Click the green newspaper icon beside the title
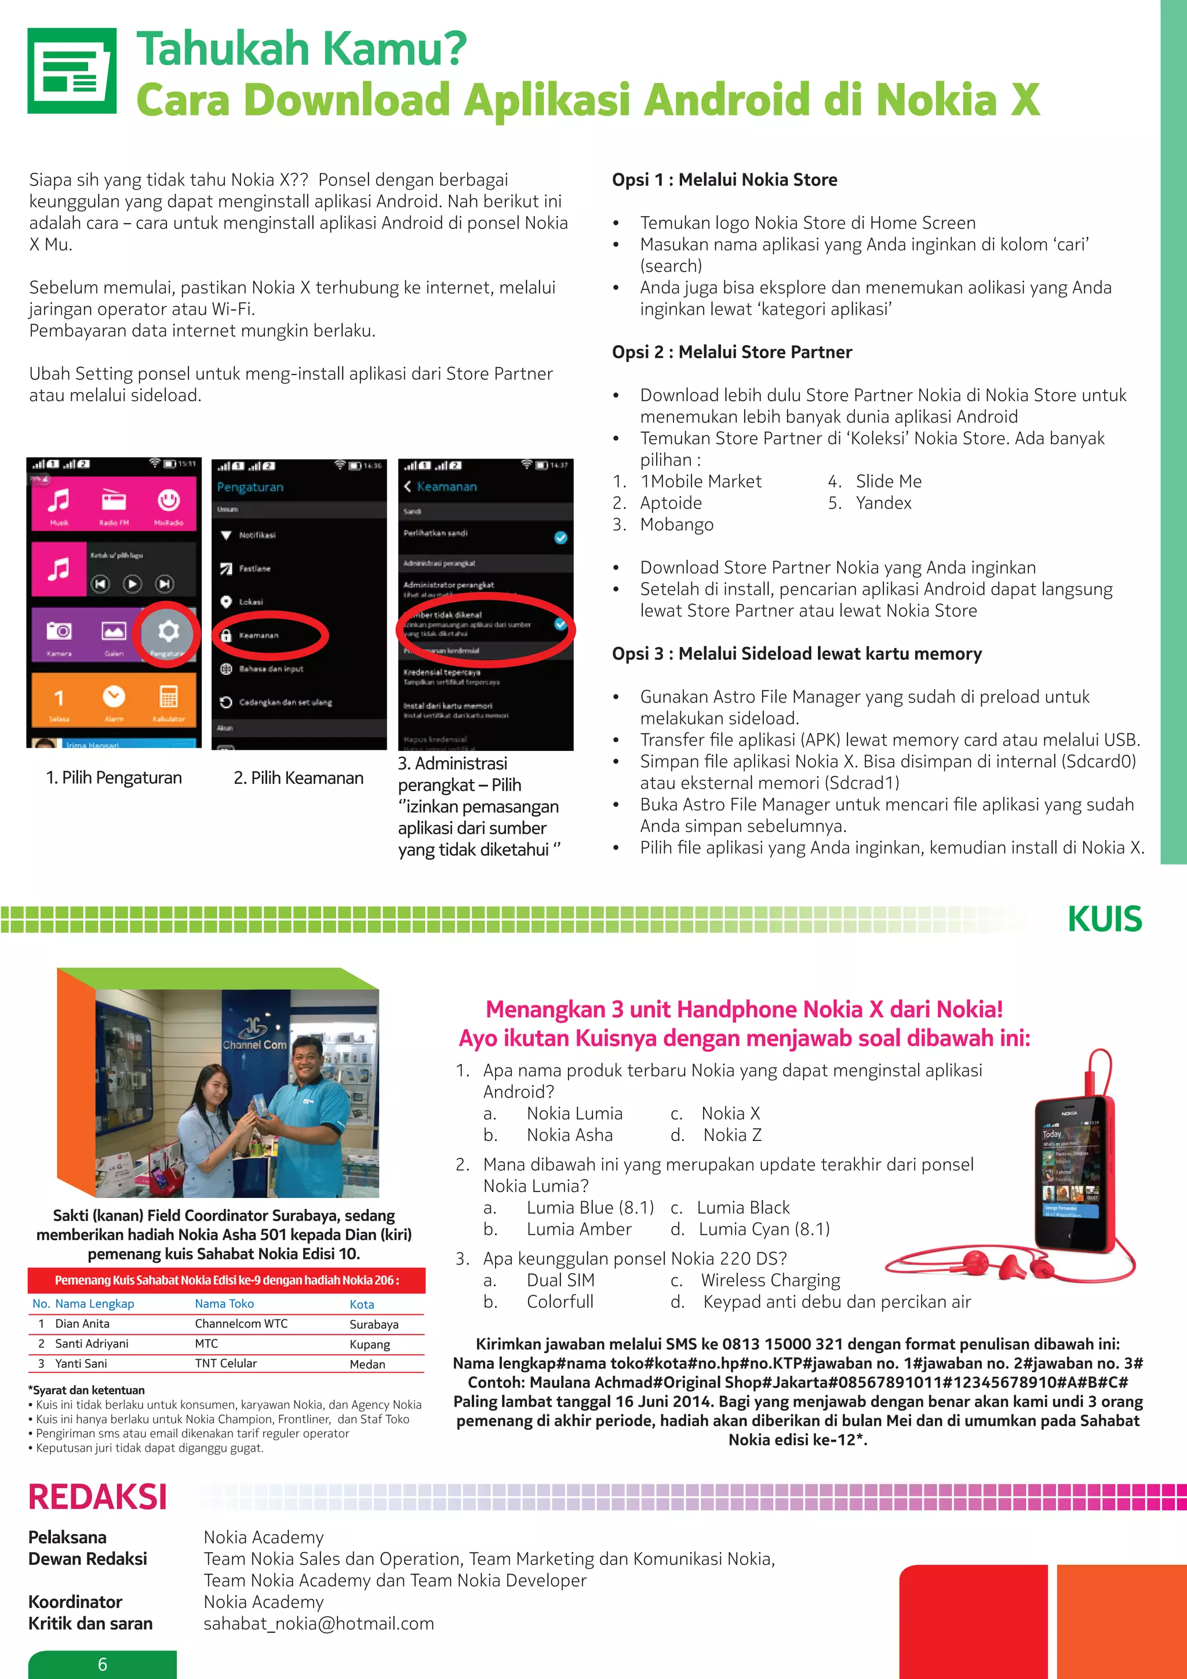72,71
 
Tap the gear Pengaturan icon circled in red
168,631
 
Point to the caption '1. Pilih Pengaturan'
114,778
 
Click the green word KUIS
1104,918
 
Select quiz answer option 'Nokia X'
730,1114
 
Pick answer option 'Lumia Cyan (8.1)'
764,1229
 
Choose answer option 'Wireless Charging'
770,1281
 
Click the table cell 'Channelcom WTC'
241,1324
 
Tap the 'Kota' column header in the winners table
362,1304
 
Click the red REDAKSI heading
97,1496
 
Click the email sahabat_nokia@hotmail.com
319,1623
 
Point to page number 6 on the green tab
103,1664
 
